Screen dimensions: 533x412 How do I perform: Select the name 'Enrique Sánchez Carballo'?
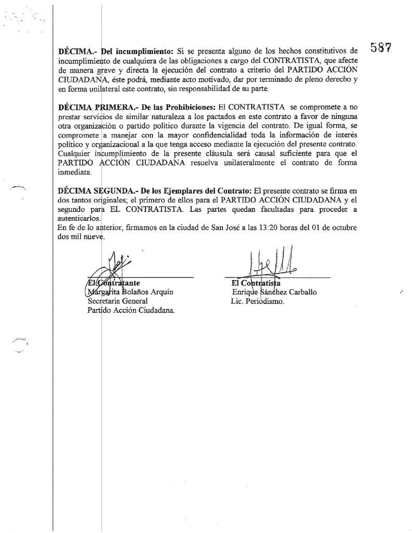(x=274, y=292)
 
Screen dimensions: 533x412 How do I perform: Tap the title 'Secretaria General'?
(x=118, y=301)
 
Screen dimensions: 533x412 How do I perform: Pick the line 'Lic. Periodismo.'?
(x=257, y=301)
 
